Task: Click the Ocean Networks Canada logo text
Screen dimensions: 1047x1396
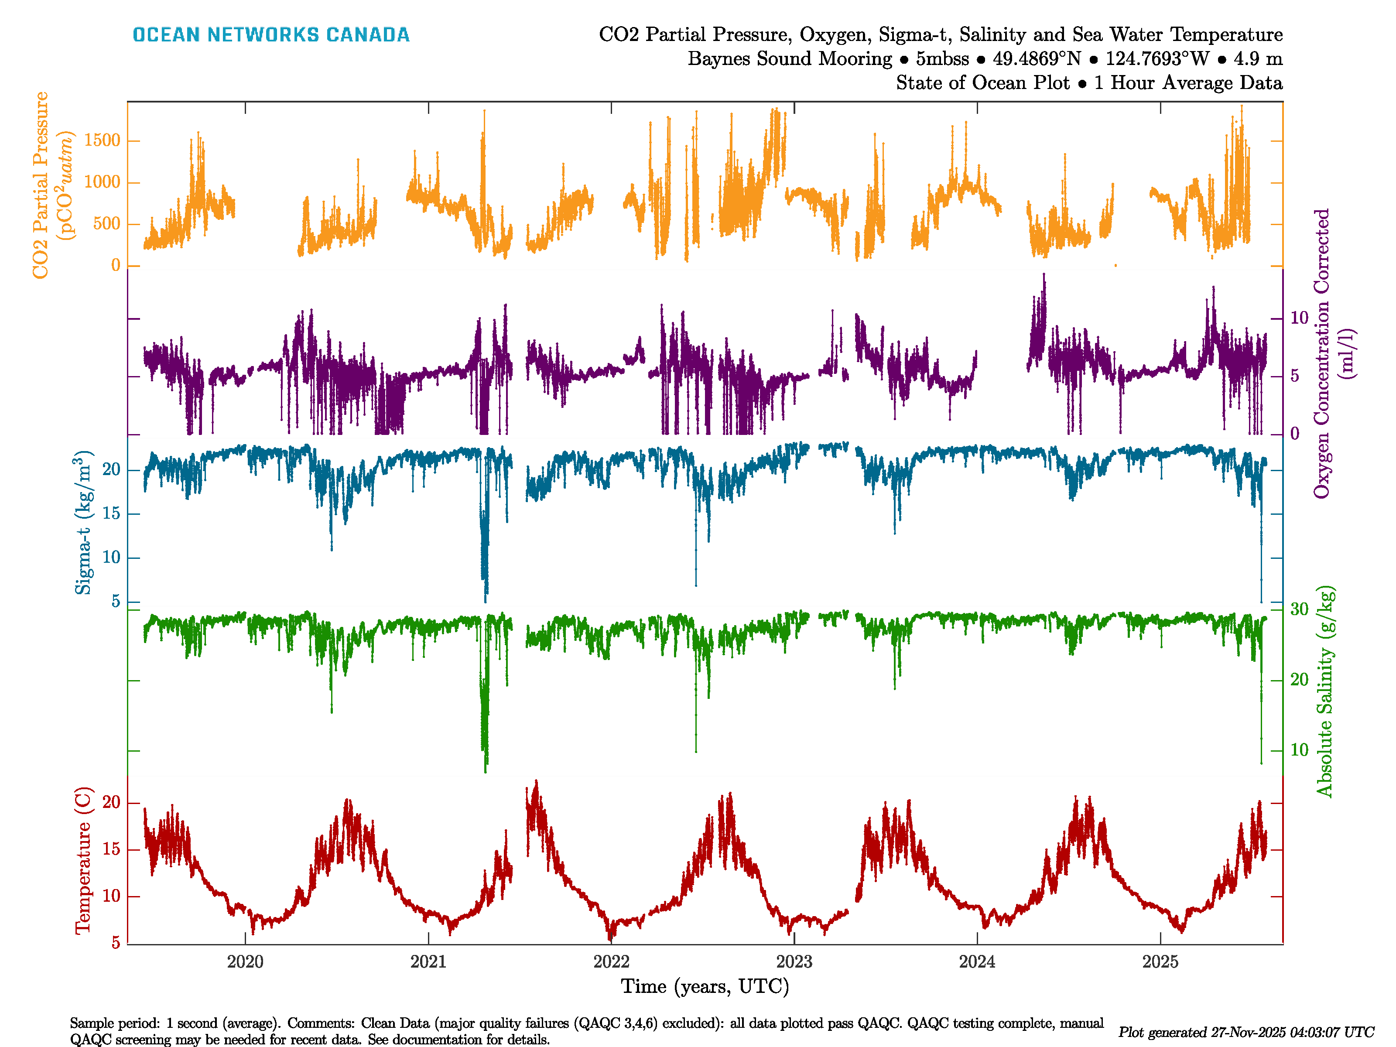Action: pyautogui.click(x=271, y=35)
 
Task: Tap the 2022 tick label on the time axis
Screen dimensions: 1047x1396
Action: pyautogui.click(x=611, y=962)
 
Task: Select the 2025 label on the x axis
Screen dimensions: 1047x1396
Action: pyautogui.click(x=1160, y=962)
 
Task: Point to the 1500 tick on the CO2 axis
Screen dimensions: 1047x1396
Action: pyautogui.click(x=102, y=140)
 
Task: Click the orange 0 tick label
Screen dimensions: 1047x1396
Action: pyautogui.click(x=116, y=265)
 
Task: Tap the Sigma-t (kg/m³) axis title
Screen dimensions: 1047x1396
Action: pyautogui.click(x=83, y=523)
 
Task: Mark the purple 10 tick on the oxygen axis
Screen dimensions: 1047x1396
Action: pyautogui.click(x=1299, y=318)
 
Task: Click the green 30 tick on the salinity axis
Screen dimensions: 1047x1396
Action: pyautogui.click(x=1299, y=609)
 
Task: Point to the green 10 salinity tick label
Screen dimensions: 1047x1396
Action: pyautogui.click(x=1299, y=750)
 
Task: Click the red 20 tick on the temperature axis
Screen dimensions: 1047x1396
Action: pyautogui.click(x=111, y=803)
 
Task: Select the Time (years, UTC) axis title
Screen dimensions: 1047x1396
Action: pyautogui.click(x=705, y=986)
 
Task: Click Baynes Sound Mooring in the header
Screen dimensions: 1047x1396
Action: pyautogui.click(x=790, y=59)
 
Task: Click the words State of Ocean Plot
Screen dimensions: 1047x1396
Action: pyautogui.click(x=982, y=83)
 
